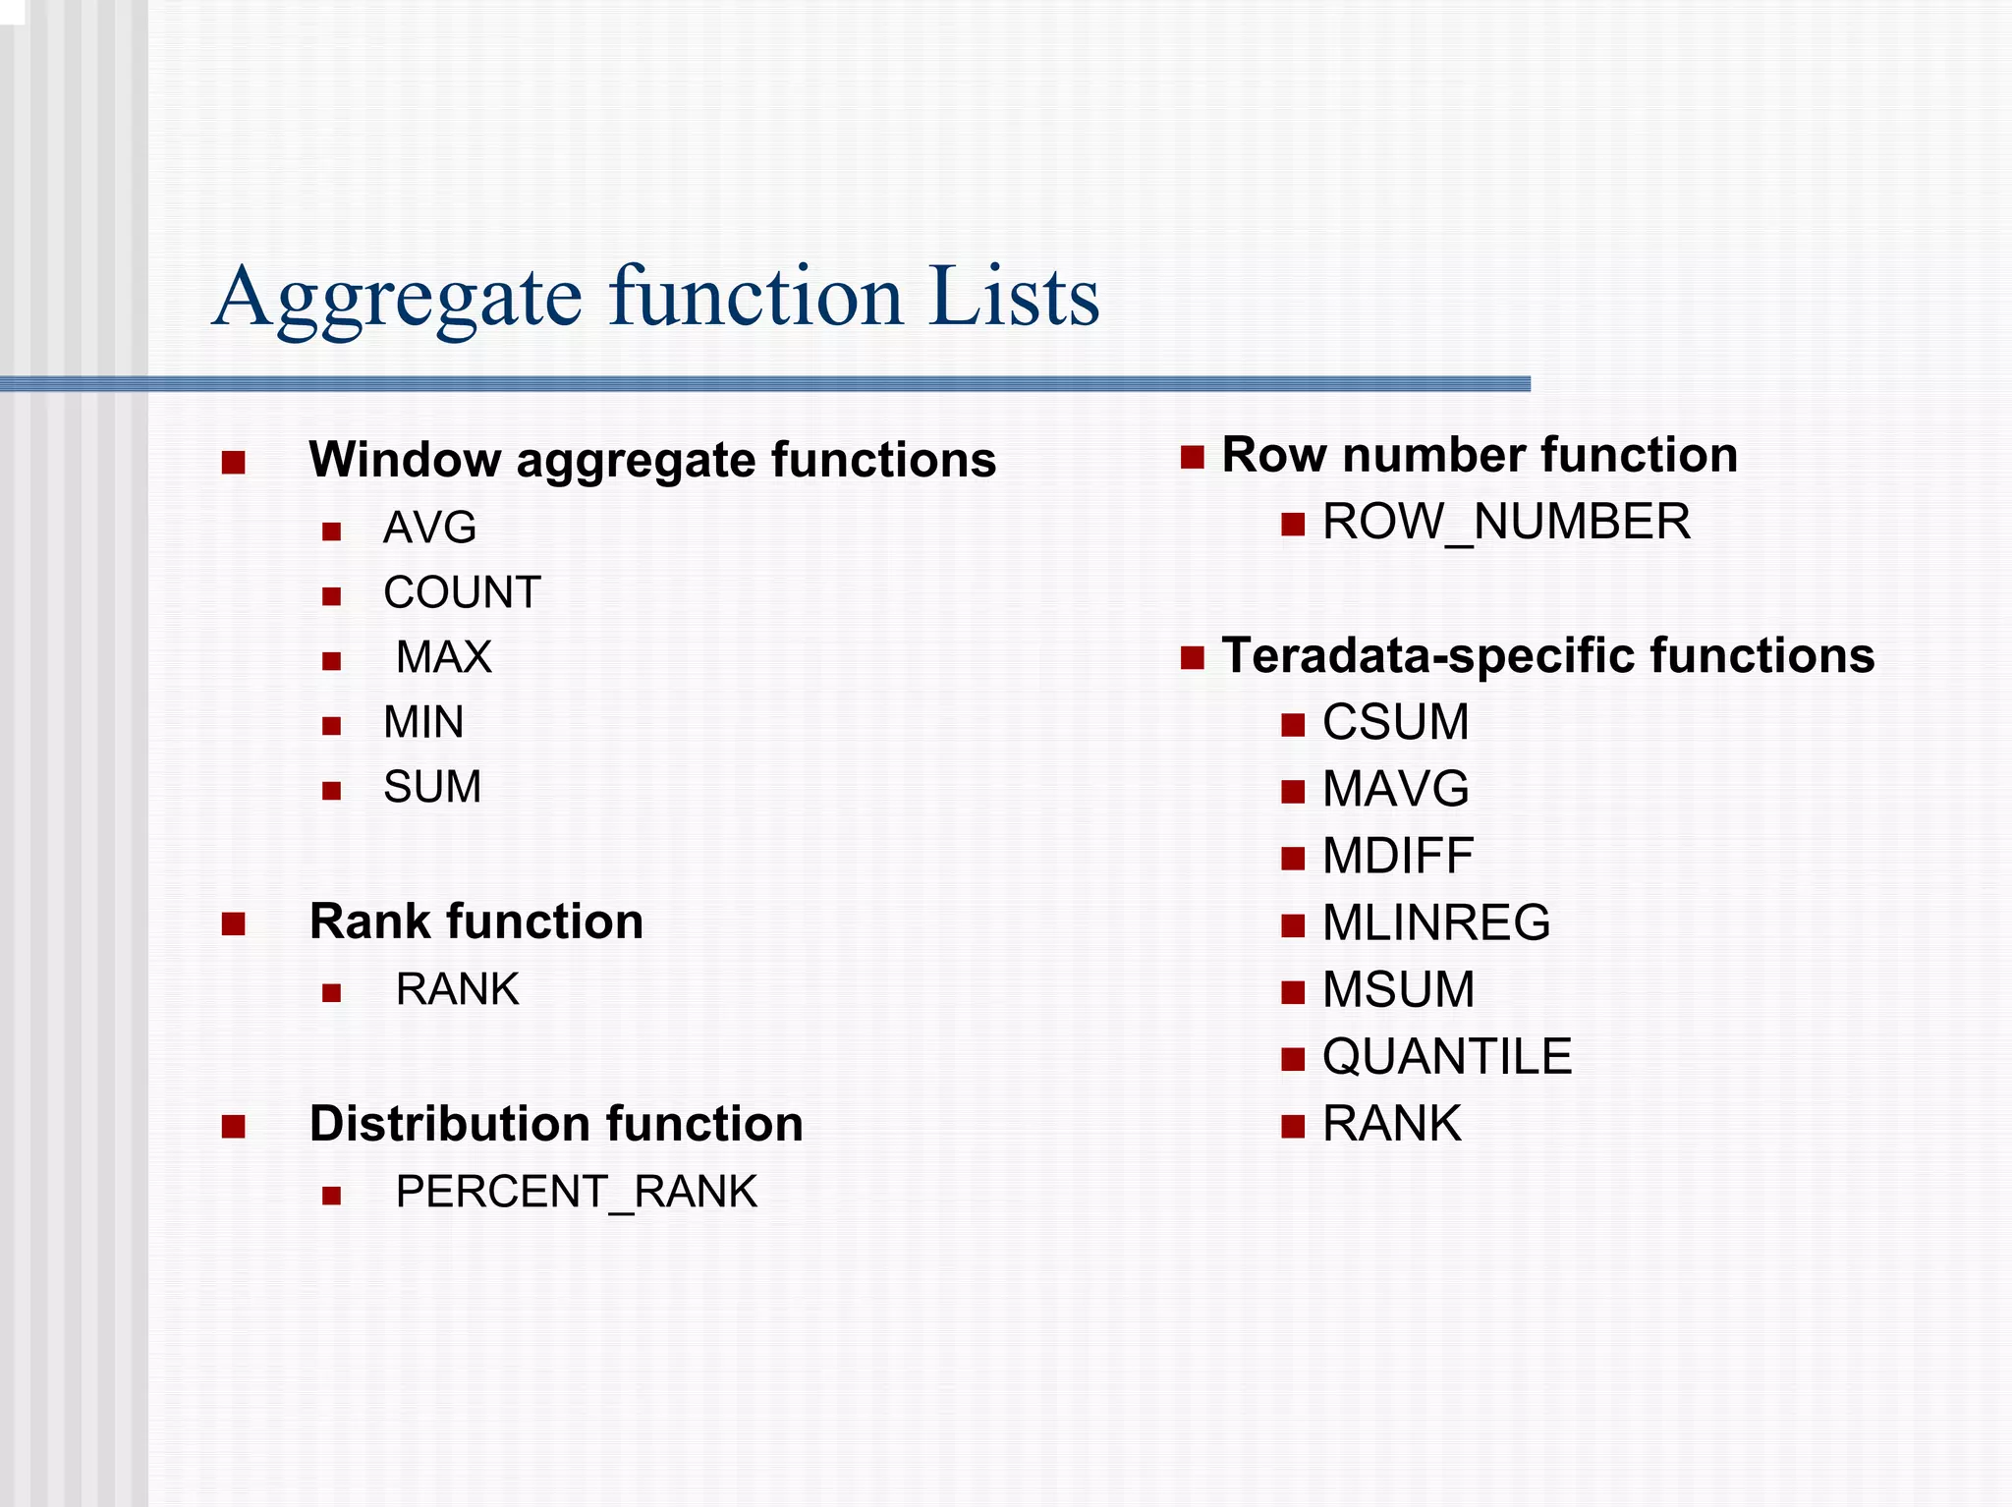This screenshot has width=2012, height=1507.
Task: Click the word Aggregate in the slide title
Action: coord(398,298)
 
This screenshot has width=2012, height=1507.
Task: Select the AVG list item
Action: coord(429,529)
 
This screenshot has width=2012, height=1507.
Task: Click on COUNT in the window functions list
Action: coord(462,593)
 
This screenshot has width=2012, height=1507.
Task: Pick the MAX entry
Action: coord(443,657)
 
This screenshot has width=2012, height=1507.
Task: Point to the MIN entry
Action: coord(423,723)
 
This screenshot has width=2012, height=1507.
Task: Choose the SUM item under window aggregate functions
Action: coord(432,787)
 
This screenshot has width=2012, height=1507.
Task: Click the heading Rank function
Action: coord(476,921)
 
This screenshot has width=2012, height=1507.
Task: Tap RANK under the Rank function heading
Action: coord(457,989)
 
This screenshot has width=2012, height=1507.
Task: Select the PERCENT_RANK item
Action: coord(576,1192)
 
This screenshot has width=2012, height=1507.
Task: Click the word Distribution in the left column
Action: coord(447,1124)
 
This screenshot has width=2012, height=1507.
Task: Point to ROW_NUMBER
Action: coord(1506,522)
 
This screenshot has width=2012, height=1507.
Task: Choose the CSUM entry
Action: coord(1395,722)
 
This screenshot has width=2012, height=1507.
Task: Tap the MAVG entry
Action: coord(1395,789)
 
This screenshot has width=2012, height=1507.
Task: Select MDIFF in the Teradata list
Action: coord(1397,856)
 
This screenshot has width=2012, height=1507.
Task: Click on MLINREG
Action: coord(1435,922)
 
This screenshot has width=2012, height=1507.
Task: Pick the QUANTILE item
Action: coord(1446,1057)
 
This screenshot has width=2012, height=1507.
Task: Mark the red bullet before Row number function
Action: coord(1193,458)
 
